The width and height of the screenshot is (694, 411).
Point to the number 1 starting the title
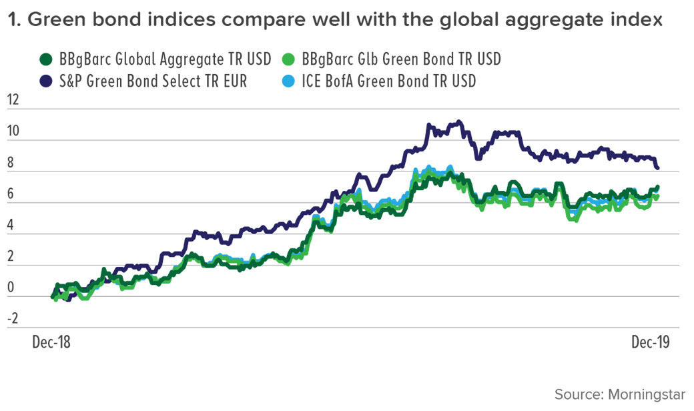(x=12, y=21)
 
